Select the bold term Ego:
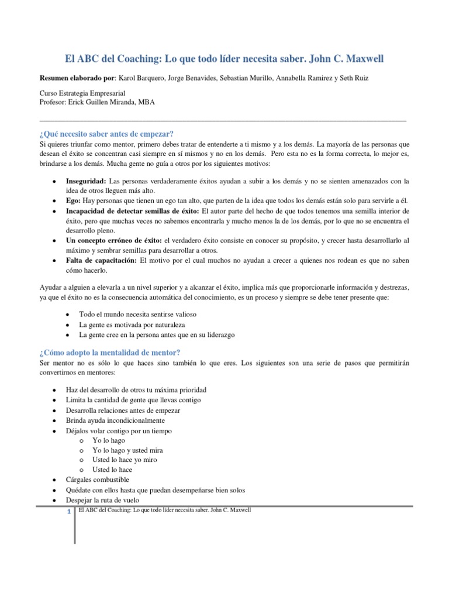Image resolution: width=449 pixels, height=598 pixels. click(x=73, y=200)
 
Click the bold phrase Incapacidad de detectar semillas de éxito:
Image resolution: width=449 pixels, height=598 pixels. click(x=132, y=210)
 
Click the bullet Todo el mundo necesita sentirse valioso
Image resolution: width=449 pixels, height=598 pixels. click(x=138, y=314)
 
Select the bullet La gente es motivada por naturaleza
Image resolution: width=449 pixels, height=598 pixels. click(x=132, y=324)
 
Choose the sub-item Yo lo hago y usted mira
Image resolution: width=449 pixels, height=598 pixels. click(x=127, y=450)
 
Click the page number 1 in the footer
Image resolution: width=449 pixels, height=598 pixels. click(x=69, y=512)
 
